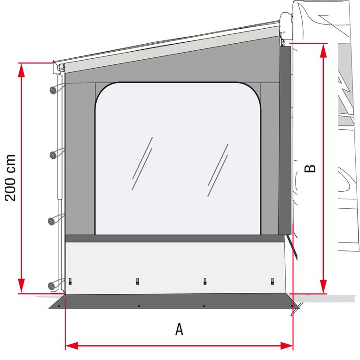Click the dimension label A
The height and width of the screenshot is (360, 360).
click(x=179, y=329)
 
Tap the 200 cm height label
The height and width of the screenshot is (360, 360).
click(x=10, y=177)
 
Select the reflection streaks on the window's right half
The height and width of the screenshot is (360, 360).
click(x=218, y=164)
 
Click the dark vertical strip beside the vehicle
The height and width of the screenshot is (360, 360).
click(x=284, y=141)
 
